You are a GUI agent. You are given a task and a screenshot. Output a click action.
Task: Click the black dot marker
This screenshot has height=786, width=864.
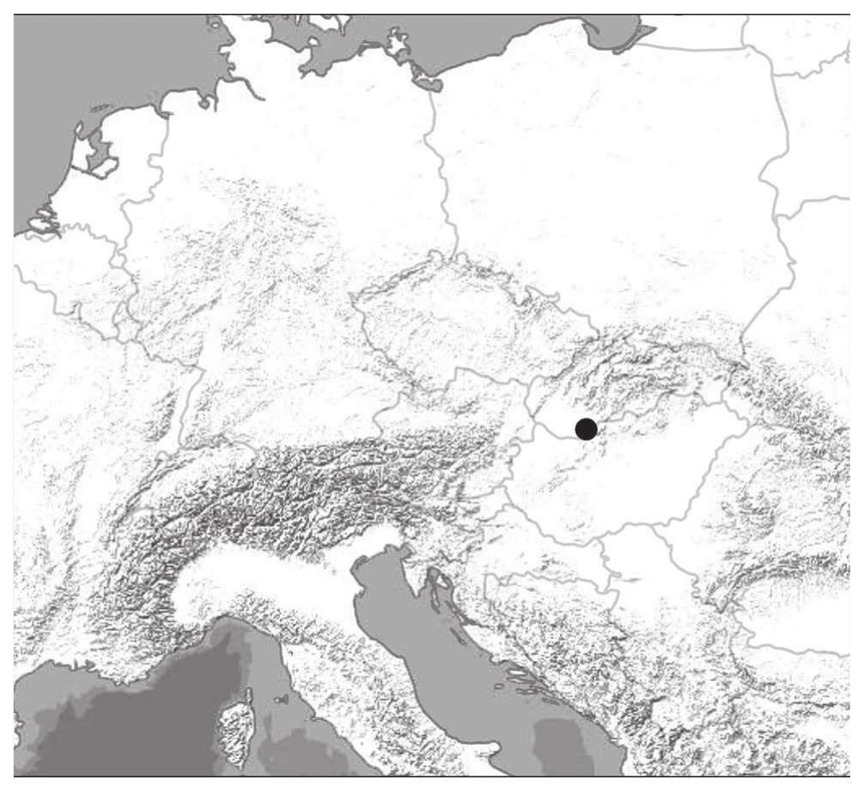[x=586, y=429]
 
